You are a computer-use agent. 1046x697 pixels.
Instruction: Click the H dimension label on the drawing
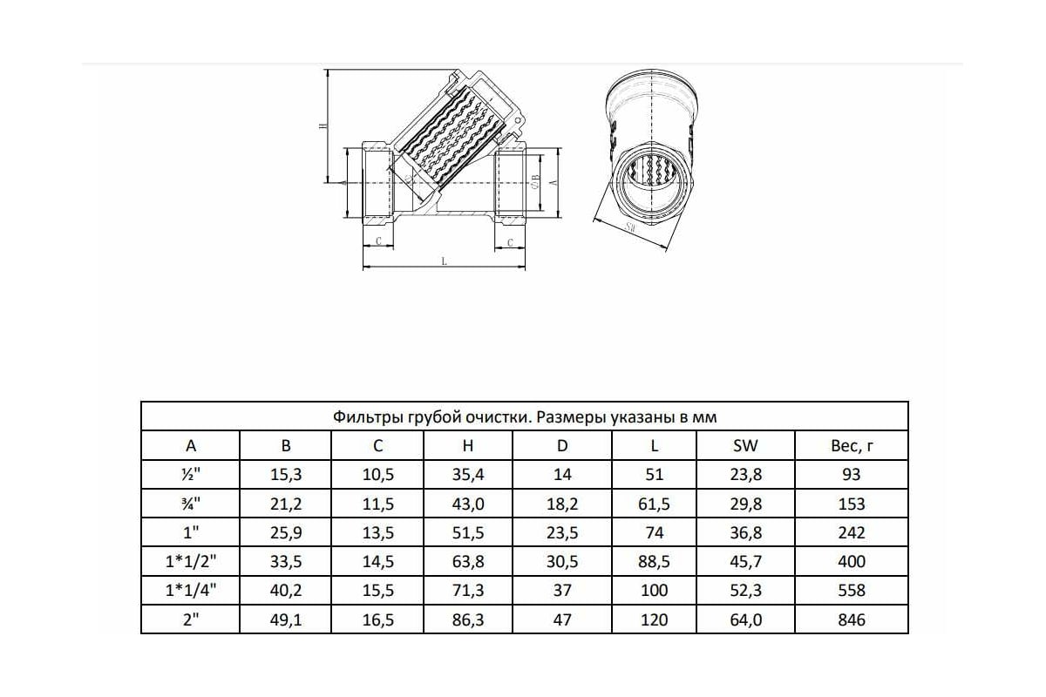tap(323, 127)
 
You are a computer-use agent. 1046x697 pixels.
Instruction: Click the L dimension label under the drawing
tap(444, 261)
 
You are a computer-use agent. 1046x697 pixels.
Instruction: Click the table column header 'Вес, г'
tap(851, 446)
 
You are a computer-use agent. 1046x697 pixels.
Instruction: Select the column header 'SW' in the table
tap(745, 446)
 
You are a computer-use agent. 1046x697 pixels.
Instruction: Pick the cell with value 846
tap(851, 619)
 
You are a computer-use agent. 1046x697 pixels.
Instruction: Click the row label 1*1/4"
tap(191, 591)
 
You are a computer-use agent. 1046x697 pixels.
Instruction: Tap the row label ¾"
tap(191, 504)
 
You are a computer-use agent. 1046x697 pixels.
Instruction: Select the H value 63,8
tap(468, 562)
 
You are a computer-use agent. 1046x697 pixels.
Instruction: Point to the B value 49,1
tap(286, 619)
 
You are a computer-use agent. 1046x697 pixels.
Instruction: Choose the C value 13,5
tap(377, 532)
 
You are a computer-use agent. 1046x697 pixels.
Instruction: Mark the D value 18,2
tap(562, 504)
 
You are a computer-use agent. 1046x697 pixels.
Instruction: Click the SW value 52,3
tap(745, 591)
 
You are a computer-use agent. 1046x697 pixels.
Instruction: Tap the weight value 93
tap(851, 475)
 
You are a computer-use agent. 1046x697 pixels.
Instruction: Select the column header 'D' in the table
tap(562, 446)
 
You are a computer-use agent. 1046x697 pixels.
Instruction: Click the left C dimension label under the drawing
tap(378, 240)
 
